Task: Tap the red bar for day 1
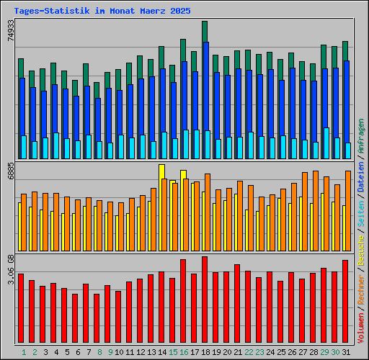21,308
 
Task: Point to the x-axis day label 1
24,352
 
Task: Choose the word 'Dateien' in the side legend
361,175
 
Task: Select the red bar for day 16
183,301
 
